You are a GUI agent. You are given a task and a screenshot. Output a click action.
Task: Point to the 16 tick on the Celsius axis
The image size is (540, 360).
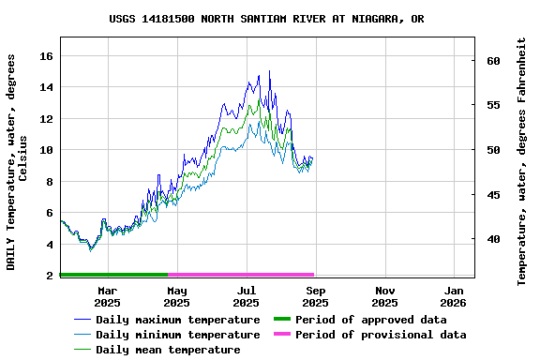(45, 56)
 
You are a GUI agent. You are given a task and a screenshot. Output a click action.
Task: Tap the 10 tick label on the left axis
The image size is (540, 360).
(45, 150)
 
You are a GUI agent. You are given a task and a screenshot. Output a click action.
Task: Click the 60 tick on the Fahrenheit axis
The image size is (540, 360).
(493, 61)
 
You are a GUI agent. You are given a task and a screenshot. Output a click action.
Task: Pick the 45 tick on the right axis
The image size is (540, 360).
(493, 195)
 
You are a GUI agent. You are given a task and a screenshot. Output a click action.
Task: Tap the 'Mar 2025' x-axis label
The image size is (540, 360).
(107, 296)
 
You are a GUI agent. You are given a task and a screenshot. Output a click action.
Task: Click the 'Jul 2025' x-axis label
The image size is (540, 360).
(246, 296)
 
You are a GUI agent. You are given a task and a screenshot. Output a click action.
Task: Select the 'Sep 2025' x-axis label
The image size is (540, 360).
(315, 296)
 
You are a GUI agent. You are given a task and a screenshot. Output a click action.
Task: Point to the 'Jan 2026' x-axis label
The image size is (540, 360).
(454, 296)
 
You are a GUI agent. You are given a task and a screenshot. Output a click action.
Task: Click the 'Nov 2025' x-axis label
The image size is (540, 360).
(384, 296)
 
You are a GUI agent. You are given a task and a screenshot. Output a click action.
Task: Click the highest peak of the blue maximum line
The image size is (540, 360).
(269, 71)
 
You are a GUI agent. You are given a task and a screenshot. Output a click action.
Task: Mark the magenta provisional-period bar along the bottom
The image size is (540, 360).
(241, 275)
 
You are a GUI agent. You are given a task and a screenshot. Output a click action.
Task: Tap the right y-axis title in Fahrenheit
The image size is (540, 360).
(522, 161)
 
